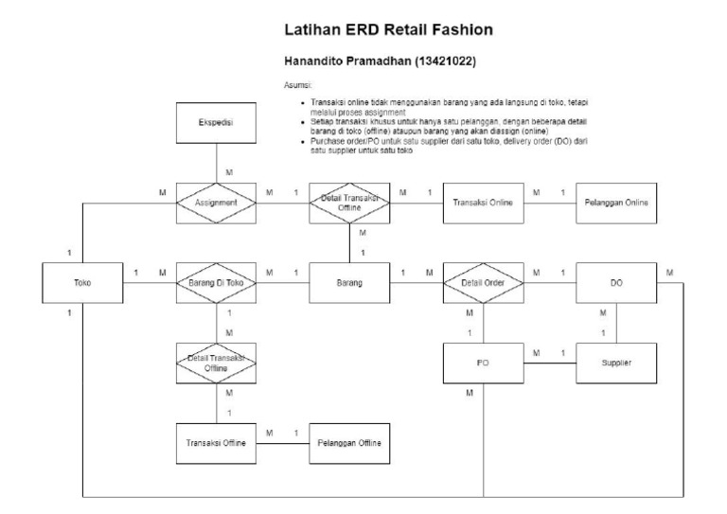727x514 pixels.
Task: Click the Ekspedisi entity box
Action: coord(217,123)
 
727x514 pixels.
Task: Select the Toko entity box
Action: coord(83,282)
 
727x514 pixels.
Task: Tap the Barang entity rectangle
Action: coord(349,282)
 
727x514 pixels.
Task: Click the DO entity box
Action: coord(616,282)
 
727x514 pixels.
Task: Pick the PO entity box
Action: coord(483,363)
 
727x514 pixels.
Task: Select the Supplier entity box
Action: coord(616,363)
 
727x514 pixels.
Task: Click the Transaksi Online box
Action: coord(483,203)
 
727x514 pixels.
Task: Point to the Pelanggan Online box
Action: coord(616,203)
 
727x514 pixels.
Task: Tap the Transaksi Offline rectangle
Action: coord(217,442)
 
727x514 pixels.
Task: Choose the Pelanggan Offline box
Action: coord(349,442)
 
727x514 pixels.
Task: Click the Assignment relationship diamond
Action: coord(217,203)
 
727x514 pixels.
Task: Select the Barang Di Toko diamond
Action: coord(217,282)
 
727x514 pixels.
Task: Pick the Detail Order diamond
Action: coord(483,282)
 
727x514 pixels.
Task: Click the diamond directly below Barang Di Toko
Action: coord(217,363)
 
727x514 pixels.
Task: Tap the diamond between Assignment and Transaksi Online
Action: coord(349,203)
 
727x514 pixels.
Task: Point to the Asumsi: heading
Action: coord(299,84)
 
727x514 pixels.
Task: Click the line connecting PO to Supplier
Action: coord(549,363)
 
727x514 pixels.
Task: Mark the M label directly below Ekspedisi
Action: coord(228,172)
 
